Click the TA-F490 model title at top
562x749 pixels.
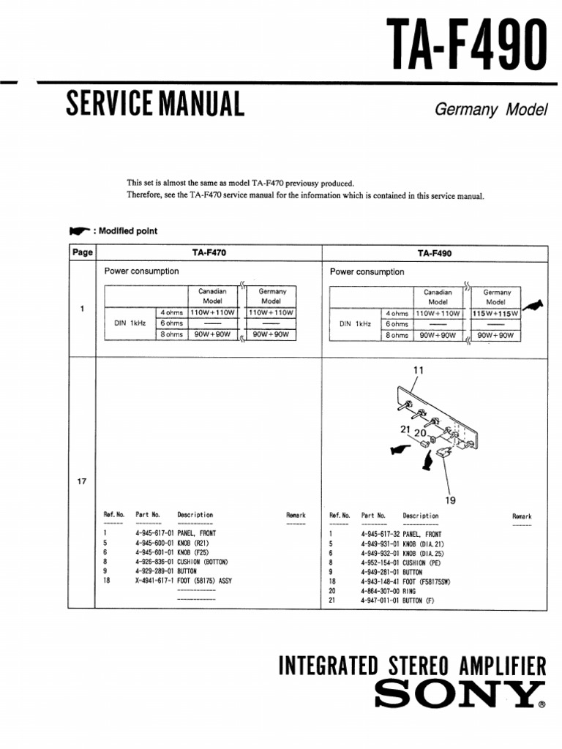tap(465, 42)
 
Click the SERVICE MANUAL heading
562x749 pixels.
tap(154, 105)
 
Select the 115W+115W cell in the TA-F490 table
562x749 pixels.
tap(495, 313)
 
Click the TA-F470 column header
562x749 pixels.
tap(209, 253)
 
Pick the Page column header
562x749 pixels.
tap(83, 253)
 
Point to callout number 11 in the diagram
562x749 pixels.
tap(418, 371)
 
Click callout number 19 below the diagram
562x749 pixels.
tap(451, 500)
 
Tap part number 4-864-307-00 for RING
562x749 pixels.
tap(380, 590)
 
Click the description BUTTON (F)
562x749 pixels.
tap(419, 600)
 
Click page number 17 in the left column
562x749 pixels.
tap(82, 481)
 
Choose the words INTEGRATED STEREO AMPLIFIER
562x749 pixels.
tap(413, 666)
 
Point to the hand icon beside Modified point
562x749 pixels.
tap(79, 231)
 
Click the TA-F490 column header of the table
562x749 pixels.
tap(435, 253)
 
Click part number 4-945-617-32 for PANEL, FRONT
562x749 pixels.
tap(380, 534)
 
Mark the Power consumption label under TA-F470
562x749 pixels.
tap(141, 271)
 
